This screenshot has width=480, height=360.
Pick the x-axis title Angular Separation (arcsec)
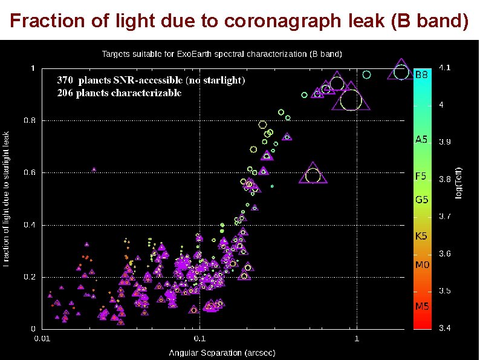(222, 352)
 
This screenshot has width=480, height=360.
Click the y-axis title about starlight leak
(7, 199)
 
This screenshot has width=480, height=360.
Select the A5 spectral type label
(421, 140)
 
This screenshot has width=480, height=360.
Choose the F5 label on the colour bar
(420, 177)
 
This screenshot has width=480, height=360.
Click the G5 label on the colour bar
(421, 199)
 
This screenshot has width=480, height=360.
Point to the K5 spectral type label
(421, 237)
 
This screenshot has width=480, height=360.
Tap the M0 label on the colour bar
(421, 265)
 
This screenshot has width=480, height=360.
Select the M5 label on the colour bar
(421, 306)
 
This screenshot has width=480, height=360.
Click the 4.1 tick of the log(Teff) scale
(444, 68)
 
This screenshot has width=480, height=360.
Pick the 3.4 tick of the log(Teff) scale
(444, 329)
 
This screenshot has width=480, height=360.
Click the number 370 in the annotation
(65, 80)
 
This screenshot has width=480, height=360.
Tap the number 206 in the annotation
(65, 93)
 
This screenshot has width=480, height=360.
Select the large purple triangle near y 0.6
(313, 175)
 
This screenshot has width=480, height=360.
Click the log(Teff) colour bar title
(459, 182)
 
